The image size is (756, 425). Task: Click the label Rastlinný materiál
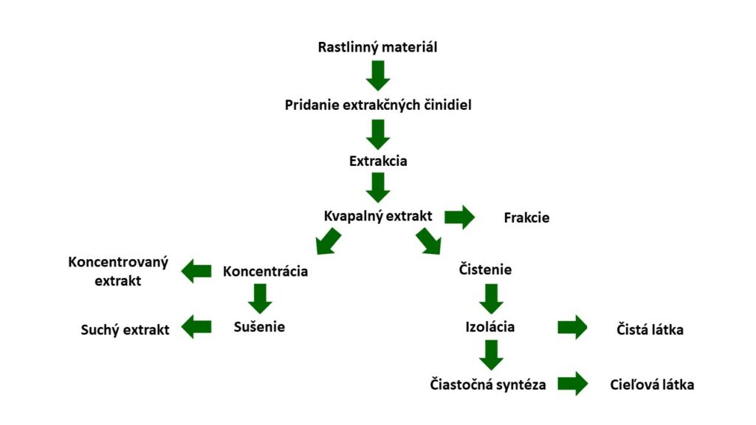tap(377, 47)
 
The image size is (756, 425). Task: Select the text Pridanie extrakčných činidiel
tap(378, 105)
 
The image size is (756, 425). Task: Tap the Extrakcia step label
tap(378, 160)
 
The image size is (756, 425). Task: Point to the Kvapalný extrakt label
tap(378, 216)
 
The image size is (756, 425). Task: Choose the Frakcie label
tap(526, 218)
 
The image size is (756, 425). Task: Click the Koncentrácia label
tap(265, 272)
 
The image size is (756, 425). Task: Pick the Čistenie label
tap(485, 269)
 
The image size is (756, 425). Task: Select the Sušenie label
tap(259, 327)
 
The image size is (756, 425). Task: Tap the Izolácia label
tap(490, 327)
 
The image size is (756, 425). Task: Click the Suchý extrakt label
tap(125, 330)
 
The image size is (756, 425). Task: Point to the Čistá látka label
tap(650, 330)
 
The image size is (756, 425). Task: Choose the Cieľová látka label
tap(652, 384)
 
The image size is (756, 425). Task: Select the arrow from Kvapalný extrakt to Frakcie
tap(459, 217)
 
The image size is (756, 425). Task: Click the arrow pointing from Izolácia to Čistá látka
tap(572, 328)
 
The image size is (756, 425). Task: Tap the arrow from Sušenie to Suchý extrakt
tap(196, 327)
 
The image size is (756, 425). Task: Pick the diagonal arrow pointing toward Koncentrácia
tap(329, 241)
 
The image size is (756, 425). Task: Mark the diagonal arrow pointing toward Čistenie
tap(429, 241)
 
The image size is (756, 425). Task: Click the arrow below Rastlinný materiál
tap(378, 76)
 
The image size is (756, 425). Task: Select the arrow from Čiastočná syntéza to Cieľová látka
tap(573, 384)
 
